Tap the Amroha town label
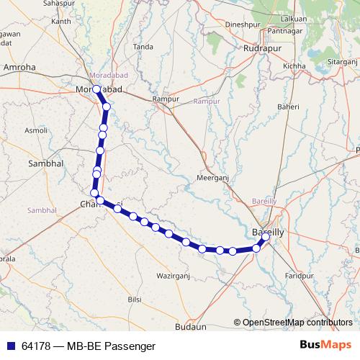19,67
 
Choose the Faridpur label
301,276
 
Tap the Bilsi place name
135,298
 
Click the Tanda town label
143,47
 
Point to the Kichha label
294,66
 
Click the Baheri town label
289,107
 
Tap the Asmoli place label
36,130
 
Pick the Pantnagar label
284,31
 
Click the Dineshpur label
242,24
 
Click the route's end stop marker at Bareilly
265,237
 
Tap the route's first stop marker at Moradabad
96,89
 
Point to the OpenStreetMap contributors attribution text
297,323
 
